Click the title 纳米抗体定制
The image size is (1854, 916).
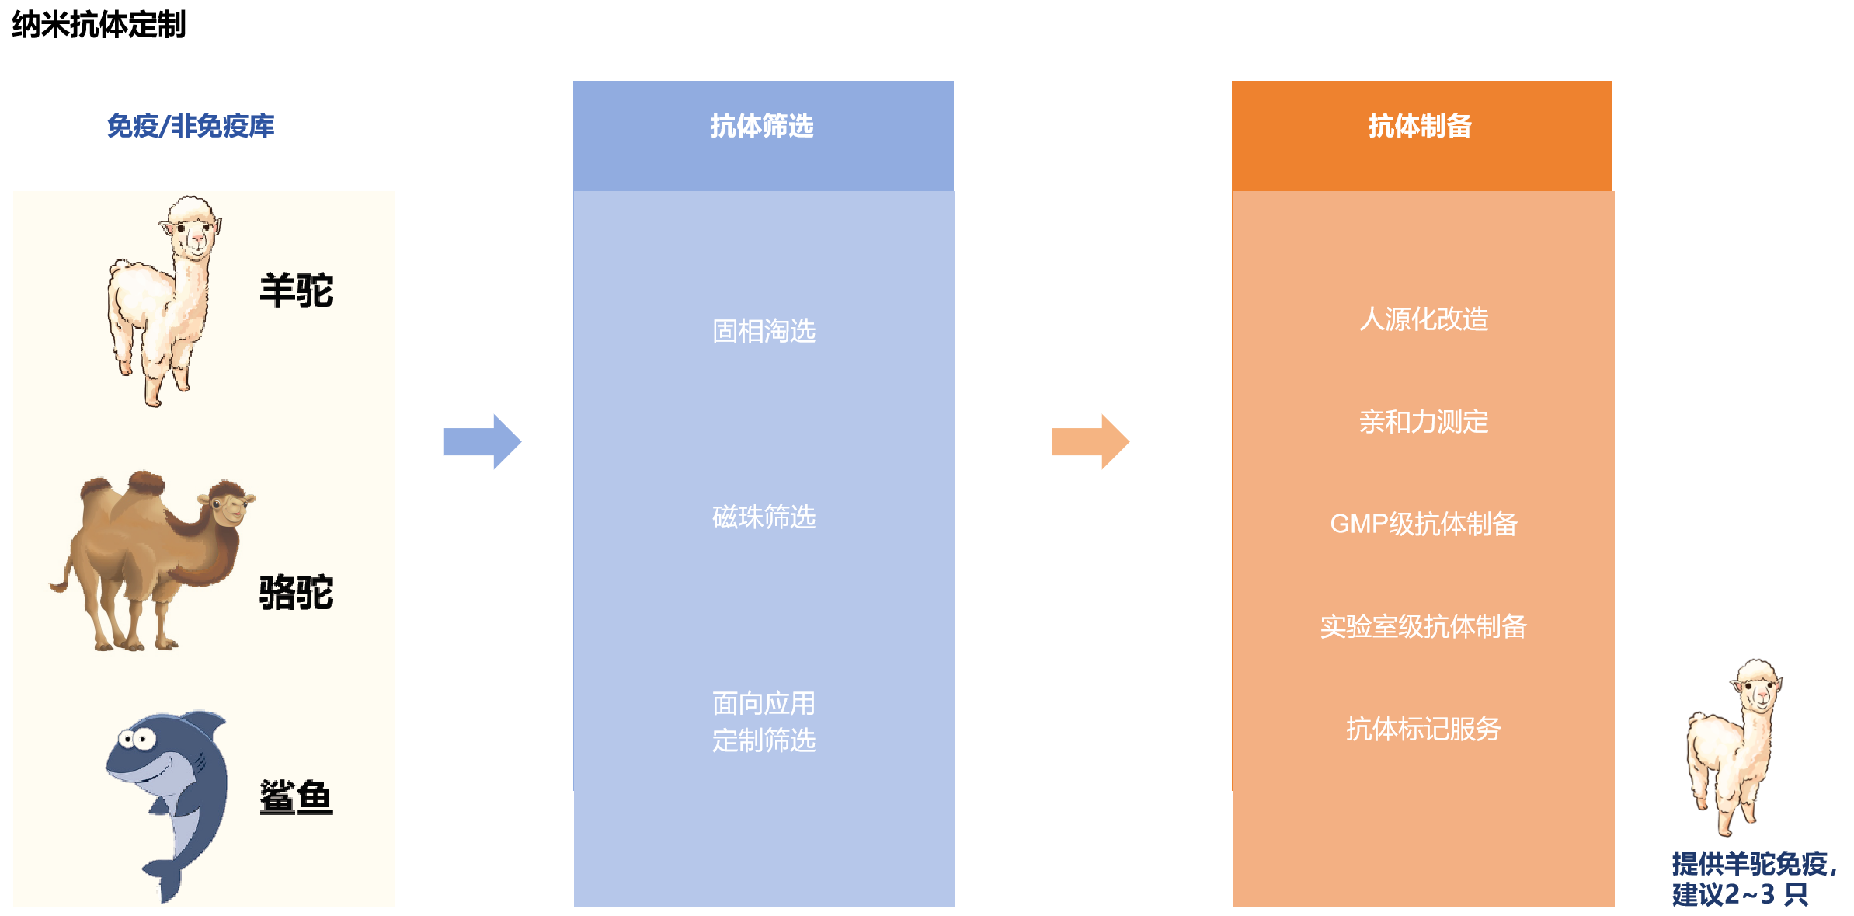click(99, 24)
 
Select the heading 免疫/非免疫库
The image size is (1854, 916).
click(190, 126)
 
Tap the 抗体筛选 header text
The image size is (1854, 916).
click(762, 126)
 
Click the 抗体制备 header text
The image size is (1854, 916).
click(1420, 126)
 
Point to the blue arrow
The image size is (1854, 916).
click(482, 441)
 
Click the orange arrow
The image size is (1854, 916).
click(1090, 441)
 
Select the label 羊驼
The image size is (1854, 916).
click(296, 291)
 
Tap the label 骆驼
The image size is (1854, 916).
click(296, 592)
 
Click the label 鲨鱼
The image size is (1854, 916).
click(296, 797)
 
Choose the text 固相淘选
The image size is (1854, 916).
click(764, 331)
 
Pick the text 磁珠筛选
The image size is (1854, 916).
click(764, 517)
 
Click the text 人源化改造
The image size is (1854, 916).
click(1424, 319)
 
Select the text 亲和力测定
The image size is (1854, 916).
click(1424, 422)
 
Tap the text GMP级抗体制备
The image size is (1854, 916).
click(1424, 524)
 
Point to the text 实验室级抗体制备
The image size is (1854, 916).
click(1424, 626)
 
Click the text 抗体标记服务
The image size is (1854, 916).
click(1424, 729)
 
